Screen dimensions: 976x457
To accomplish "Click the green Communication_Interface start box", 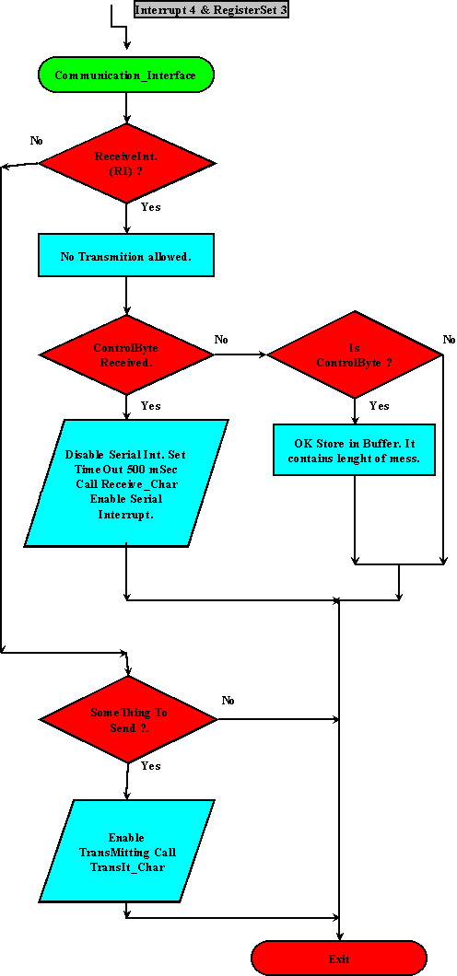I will [x=125, y=75].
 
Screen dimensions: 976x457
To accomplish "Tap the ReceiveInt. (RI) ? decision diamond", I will [x=126, y=164].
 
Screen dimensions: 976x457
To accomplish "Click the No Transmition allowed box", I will [x=126, y=256].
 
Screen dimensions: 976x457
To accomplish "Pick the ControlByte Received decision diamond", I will [x=125, y=354].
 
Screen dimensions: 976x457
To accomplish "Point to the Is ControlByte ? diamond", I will [x=355, y=355].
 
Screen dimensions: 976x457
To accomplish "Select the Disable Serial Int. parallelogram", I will [x=126, y=483].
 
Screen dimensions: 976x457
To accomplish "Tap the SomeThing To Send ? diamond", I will [x=126, y=719].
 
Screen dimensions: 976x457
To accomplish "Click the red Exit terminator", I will [x=339, y=959].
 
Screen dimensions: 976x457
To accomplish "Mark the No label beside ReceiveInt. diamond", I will [x=37, y=141].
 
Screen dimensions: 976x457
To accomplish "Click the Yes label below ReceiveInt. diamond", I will [x=150, y=207].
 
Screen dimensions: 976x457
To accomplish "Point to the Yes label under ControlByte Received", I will [x=150, y=406].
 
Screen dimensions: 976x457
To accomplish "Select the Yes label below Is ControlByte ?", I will [x=379, y=406].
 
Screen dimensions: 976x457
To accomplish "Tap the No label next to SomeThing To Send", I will [x=228, y=700].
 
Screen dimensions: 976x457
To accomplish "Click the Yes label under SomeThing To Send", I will [x=150, y=766].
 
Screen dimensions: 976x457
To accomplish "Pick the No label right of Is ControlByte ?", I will [x=449, y=340].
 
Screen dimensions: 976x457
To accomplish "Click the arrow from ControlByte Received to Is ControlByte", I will [x=240, y=354].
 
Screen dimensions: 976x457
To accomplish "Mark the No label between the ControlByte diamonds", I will [x=221, y=340].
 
